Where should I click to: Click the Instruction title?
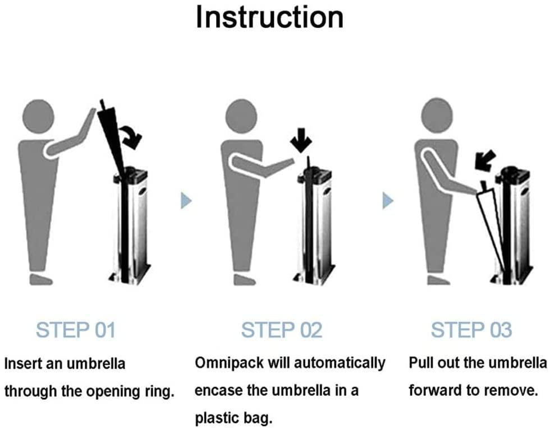pyautogui.click(x=269, y=17)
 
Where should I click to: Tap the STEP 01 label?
pyautogui.click(x=75, y=330)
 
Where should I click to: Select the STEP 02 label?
pyautogui.click(x=282, y=330)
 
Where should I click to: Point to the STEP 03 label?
pyautogui.click(x=471, y=330)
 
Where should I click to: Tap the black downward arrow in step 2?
pyautogui.click(x=301, y=140)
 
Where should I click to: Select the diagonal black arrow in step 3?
pyautogui.click(x=484, y=160)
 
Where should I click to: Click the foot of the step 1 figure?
pyautogui.click(x=40, y=279)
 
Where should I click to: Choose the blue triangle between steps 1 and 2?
pyautogui.click(x=186, y=200)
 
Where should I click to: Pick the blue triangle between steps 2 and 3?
pyautogui.click(x=388, y=200)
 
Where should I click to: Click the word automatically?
pyautogui.click(x=340, y=363)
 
